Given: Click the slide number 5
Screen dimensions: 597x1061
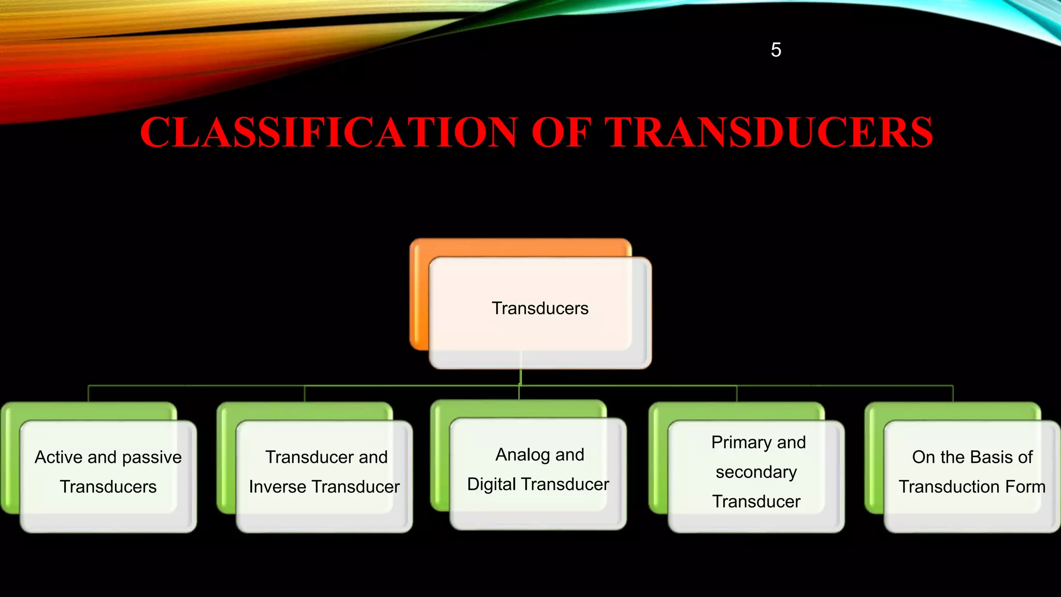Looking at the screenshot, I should click(776, 50).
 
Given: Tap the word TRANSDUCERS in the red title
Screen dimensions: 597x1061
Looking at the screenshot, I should click(769, 133).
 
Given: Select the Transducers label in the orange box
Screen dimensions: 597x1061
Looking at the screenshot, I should click(540, 308).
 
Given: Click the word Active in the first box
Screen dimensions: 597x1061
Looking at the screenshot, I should click(59, 457).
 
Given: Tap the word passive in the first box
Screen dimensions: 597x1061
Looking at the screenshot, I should click(152, 458).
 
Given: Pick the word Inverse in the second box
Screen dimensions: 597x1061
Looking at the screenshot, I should click(277, 487).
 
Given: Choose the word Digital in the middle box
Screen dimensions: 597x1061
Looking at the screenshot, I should click(492, 484).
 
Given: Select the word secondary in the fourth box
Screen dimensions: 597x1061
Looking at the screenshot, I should click(756, 472).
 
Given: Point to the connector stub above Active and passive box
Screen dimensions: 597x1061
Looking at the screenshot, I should click(89, 394).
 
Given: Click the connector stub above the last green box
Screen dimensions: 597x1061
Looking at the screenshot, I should click(953, 394).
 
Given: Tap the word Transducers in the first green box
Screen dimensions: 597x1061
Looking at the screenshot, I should click(108, 487).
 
